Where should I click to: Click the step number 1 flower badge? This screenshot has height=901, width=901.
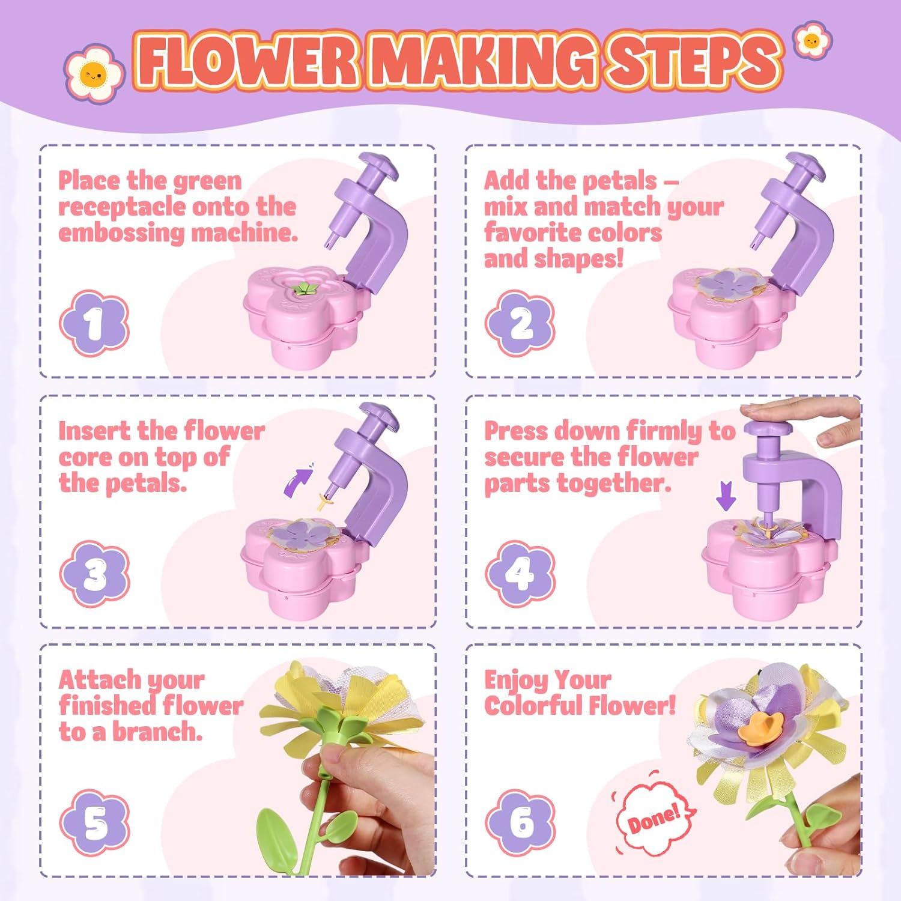(x=94, y=323)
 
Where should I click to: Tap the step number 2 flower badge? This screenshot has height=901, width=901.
(x=520, y=323)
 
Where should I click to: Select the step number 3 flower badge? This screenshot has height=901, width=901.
(x=95, y=574)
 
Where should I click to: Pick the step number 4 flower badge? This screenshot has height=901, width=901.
(x=520, y=574)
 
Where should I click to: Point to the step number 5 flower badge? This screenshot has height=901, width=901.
(x=95, y=822)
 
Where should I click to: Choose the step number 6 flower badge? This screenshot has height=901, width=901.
(x=520, y=822)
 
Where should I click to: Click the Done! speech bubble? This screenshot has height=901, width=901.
(x=654, y=819)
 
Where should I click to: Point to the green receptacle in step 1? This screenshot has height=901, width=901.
(x=305, y=289)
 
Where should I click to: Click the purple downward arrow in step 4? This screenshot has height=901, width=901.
(x=726, y=496)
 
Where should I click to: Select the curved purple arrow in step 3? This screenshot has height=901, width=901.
(x=299, y=481)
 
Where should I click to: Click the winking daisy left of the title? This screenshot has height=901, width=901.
(x=94, y=74)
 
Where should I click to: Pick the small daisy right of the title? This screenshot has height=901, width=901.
(x=812, y=41)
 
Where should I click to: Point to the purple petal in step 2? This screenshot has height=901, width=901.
(x=729, y=284)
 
